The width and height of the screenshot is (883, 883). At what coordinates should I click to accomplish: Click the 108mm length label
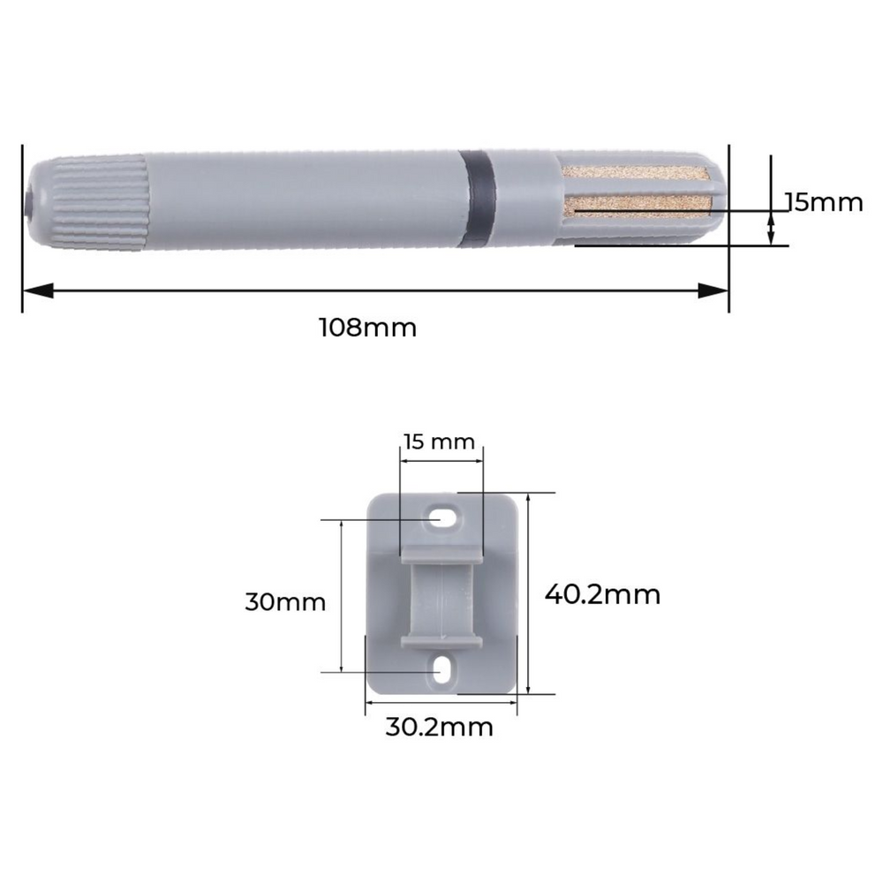(367, 328)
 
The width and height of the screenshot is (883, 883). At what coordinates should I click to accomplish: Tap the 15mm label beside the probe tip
(823, 202)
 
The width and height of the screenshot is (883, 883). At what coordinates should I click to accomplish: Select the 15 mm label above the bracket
(440, 441)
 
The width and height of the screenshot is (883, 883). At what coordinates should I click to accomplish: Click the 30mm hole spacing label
(285, 603)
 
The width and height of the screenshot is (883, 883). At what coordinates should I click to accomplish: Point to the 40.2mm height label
(602, 594)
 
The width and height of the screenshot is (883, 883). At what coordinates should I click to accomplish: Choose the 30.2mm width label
(439, 728)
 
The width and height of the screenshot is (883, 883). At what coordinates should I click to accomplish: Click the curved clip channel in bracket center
(441, 596)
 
